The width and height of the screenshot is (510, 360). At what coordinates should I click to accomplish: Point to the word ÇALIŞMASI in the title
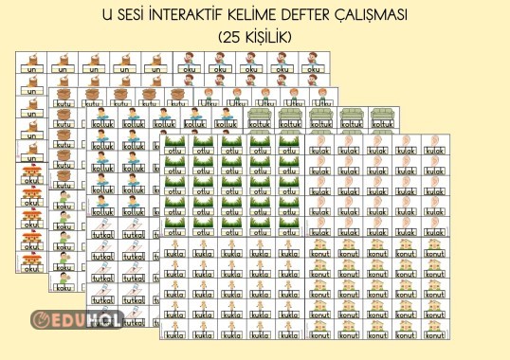point(404,16)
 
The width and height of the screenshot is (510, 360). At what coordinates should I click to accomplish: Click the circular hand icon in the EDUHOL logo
point(41,321)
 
